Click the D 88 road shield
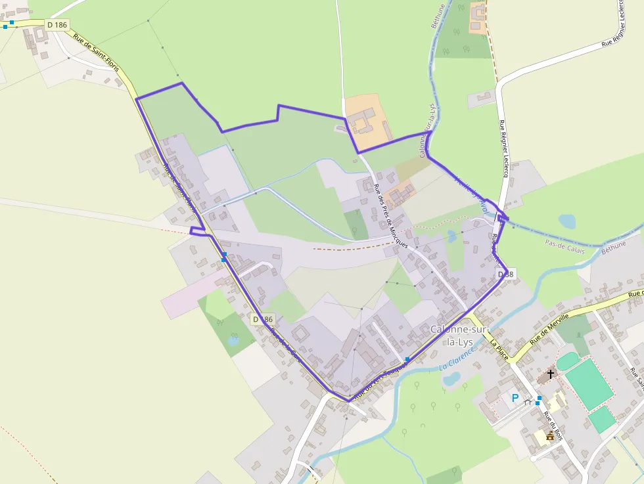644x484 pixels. [505, 273]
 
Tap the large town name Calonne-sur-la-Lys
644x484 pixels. [459, 335]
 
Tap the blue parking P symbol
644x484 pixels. [515, 398]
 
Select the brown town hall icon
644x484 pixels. [550, 435]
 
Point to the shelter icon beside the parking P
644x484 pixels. [528, 402]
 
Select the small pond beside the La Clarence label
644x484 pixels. [451, 379]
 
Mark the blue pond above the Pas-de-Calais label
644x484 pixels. [566, 221]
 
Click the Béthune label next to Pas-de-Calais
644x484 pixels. [614, 248]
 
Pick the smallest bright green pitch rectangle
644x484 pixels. [601, 419]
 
